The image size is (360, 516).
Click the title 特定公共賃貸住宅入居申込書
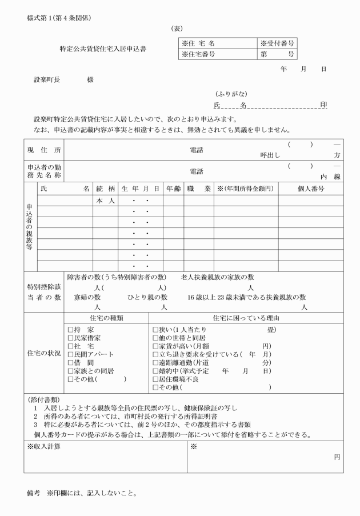(103, 49)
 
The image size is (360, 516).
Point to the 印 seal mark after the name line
(323, 105)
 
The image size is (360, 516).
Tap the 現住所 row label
(44, 150)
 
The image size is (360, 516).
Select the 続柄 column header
(106, 189)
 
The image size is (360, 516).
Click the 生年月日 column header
(140, 189)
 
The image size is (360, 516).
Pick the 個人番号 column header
(311, 189)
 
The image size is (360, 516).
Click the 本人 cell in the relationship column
(106, 201)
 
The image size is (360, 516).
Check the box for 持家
(70, 330)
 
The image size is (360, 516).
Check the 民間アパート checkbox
(70, 354)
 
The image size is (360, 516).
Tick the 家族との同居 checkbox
(70, 371)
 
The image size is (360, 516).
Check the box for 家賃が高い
(155, 346)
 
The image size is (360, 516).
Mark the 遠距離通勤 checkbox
(155, 363)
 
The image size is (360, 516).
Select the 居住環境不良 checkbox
(155, 379)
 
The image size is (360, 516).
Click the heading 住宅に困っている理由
(246, 318)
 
